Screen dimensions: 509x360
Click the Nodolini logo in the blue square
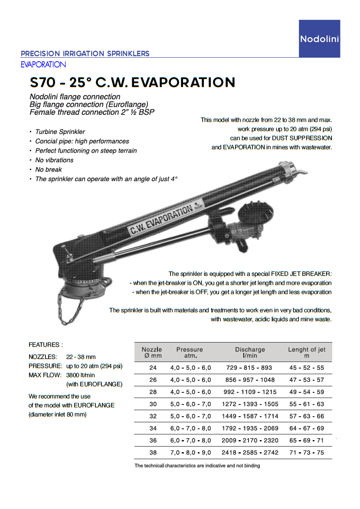coord(319,39)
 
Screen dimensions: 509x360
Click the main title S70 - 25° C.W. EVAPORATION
coord(132,82)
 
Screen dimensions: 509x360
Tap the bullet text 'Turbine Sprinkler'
coord(60,132)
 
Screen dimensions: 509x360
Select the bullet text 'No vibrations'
coord(54,160)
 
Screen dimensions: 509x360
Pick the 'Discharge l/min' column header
coord(250,352)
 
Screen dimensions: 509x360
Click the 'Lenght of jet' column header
coord(307,352)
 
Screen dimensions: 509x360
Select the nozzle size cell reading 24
coord(153,368)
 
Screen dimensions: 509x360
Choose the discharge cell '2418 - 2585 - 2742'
coord(250,453)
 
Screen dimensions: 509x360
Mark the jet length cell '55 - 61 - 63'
coord(307,404)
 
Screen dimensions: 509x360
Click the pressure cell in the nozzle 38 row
coord(190,453)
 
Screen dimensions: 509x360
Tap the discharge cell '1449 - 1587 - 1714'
coord(250,416)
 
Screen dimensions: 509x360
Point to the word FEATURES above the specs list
coord(46,345)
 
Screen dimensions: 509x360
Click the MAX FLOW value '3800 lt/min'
coord(81,375)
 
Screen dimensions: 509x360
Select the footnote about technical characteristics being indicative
coord(197,466)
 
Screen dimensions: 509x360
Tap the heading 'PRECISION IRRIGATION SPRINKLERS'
coord(85,54)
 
